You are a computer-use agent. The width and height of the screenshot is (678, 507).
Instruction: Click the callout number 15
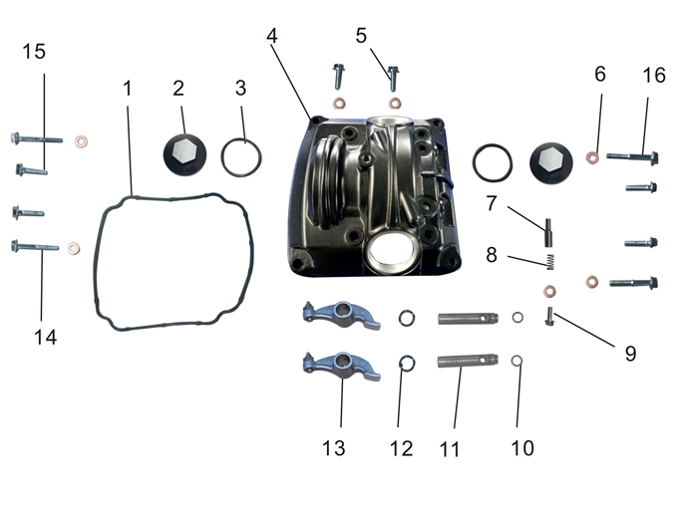[x=35, y=52]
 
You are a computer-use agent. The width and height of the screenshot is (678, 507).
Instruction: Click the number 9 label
[x=630, y=353]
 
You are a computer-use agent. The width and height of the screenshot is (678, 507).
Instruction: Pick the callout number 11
[x=451, y=449]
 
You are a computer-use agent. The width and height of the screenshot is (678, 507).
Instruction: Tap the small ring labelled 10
[x=517, y=361]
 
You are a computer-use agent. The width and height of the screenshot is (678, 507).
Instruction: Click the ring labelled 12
[x=407, y=362]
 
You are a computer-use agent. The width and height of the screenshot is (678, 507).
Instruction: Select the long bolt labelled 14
[x=34, y=247]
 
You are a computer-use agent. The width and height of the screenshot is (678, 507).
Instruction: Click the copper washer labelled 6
[x=592, y=156]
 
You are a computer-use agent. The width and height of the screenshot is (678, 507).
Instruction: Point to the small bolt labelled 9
[x=548, y=317]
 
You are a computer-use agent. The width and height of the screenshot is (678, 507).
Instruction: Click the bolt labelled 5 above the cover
[x=394, y=77]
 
